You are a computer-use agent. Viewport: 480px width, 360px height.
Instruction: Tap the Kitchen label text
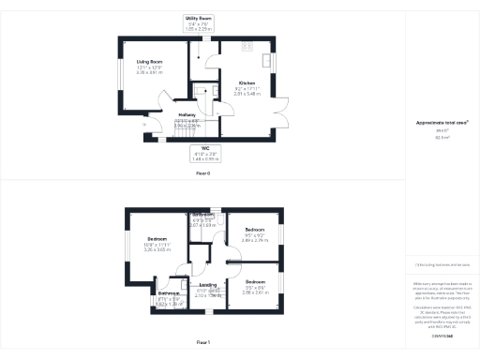click(x=247, y=82)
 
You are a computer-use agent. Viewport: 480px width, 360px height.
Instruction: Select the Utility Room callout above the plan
click(x=199, y=18)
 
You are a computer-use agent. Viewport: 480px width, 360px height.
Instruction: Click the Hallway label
click(x=187, y=114)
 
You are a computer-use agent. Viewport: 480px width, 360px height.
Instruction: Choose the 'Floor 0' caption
click(x=202, y=173)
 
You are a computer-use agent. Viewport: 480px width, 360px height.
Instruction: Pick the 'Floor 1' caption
click(x=202, y=343)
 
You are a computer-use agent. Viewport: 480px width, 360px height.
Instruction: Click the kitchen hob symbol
click(x=249, y=45)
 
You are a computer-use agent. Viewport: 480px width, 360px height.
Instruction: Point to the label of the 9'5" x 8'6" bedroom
click(x=255, y=281)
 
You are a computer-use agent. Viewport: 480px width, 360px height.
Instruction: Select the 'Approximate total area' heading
click(x=440, y=123)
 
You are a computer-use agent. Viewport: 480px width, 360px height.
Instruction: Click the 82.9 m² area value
click(x=440, y=137)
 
